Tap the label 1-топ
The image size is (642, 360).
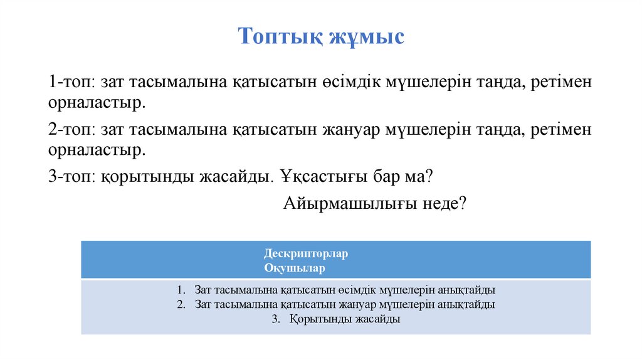coord(71,82)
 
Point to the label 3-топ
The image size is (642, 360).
coord(71,177)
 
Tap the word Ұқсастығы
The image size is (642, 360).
coord(320,177)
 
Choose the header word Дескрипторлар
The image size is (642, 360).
coord(306,254)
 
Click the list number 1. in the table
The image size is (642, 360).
coord(182,290)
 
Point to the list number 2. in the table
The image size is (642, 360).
coord(182,305)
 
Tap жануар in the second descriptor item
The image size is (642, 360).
coord(340,305)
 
